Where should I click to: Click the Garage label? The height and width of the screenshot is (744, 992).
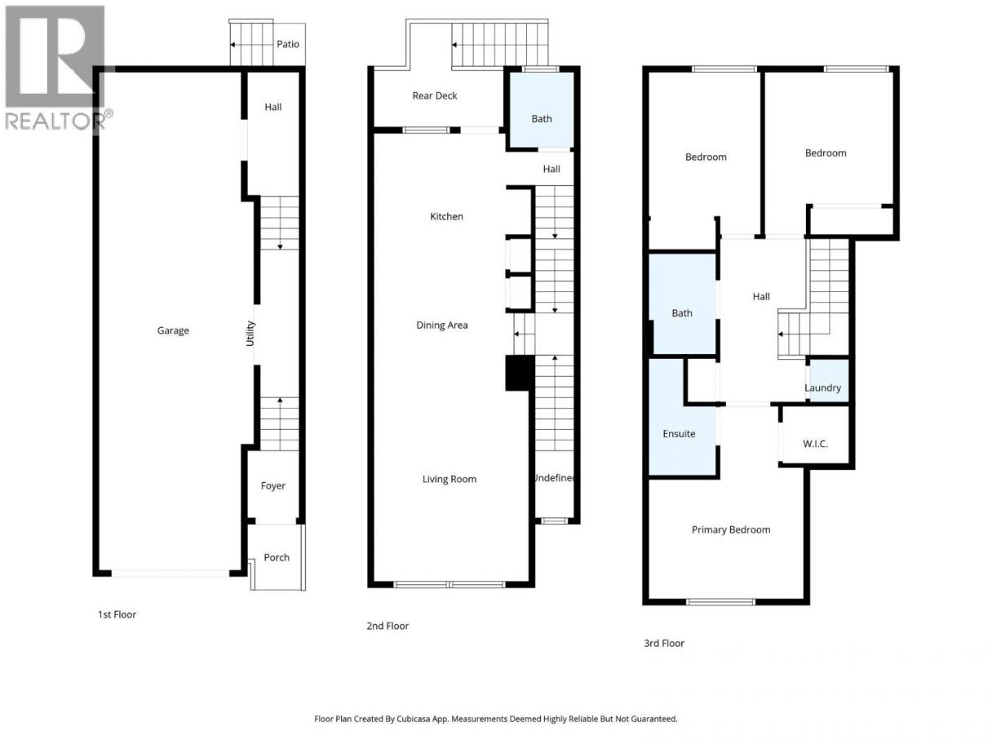pos(173,330)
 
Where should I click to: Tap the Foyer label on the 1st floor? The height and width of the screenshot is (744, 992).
pos(273,485)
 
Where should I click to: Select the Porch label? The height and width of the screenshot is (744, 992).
pos(277,557)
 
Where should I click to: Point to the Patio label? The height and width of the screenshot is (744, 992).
pos(288,44)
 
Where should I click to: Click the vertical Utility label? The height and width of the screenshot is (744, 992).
pos(250,334)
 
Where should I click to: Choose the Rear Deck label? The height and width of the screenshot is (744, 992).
pos(435,95)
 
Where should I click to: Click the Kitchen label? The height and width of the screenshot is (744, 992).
pos(446,216)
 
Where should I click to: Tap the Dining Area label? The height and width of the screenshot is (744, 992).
pos(442,325)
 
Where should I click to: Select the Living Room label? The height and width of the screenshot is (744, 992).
pos(449,479)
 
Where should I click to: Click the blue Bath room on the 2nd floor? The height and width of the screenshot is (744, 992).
pos(542,110)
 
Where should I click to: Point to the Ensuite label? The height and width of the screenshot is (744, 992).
pos(679,434)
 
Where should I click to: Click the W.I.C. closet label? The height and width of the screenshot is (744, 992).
pos(815,444)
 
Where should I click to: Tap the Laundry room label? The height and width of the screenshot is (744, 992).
pos(822,387)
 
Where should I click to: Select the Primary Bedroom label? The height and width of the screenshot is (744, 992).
pos(731,530)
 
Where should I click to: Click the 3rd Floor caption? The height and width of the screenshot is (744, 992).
pos(664,644)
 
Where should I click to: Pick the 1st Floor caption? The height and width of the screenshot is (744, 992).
pos(117,614)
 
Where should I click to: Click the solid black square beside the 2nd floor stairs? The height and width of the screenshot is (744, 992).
pos(520,373)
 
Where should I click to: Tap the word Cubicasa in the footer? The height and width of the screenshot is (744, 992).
pos(414,719)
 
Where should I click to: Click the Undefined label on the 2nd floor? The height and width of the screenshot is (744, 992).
pos(554,478)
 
